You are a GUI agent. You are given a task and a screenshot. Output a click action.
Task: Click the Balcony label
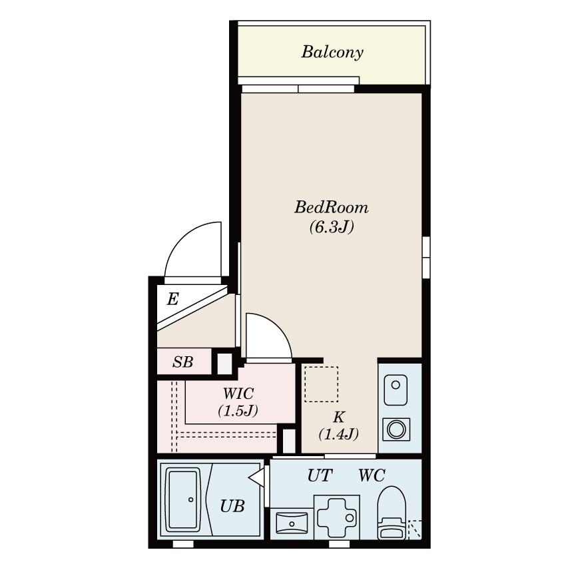click(332, 53)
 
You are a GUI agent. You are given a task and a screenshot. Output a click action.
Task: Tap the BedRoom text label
click(332, 207)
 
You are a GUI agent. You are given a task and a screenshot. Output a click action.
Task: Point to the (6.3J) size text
click(332, 227)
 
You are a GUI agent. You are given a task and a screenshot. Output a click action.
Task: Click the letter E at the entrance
click(173, 299)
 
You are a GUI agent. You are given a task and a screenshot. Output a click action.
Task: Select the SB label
click(182, 362)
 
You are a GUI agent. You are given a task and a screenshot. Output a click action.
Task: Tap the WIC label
click(238, 394)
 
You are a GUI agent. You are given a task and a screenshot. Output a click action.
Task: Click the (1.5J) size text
click(238, 411)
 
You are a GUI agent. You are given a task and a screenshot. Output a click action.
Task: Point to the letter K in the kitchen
click(338, 417)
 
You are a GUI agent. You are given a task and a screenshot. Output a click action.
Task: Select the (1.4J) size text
click(338, 434)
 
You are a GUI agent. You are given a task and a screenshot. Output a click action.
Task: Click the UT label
click(320, 475)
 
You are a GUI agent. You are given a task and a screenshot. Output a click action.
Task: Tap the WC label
click(372, 475)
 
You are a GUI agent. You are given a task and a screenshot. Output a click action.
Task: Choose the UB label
click(232, 507)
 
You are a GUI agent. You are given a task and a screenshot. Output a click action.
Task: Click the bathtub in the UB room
click(184, 499)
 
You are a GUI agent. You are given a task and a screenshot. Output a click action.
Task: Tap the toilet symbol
click(392, 513)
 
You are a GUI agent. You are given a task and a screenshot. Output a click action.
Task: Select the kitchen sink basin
click(396, 390)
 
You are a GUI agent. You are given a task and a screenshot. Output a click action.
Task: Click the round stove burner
click(396, 429)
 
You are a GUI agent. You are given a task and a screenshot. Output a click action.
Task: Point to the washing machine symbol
click(337, 517)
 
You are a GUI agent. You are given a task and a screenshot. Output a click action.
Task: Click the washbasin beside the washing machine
click(292, 523)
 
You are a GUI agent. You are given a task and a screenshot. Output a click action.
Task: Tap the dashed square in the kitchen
click(321, 384)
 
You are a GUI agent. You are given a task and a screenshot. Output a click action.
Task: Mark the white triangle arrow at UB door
click(257, 478)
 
